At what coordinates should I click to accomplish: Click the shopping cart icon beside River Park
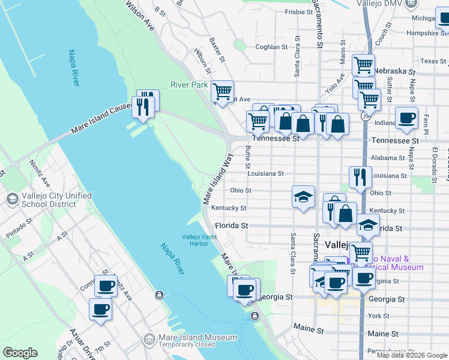tap(222, 92)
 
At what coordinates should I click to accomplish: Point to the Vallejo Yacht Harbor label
tap(199, 240)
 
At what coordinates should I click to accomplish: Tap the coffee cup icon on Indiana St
tap(406, 118)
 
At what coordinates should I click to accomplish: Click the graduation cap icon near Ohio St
tap(303, 196)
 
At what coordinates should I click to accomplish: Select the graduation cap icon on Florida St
tap(369, 225)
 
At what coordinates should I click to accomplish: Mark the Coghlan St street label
tap(272, 47)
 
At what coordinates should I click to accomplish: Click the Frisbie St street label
tap(299, 11)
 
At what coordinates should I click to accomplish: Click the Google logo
tap(19, 353)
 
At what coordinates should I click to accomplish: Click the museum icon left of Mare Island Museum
tap(148, 341)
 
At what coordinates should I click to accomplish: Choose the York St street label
tap(378, 316)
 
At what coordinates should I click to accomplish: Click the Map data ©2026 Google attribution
tap(412, 355)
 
